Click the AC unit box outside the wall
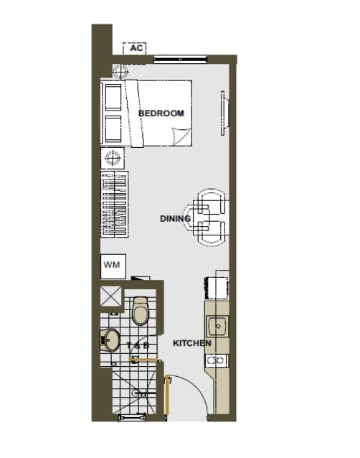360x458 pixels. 134,49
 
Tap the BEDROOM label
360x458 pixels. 161,113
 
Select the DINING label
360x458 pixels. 175,218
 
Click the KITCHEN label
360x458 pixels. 191,343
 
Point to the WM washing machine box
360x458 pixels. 113,266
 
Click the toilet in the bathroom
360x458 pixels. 141,311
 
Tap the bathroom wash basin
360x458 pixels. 110,340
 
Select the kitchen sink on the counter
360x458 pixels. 217,326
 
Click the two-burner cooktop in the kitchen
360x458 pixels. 217,360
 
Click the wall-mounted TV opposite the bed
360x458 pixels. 224,113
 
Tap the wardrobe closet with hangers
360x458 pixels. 114,204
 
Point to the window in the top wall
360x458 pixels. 180,60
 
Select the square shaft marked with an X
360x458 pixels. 111,296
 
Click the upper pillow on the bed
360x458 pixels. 113,98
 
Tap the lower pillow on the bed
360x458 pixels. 113,129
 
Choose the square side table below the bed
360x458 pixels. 113,158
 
